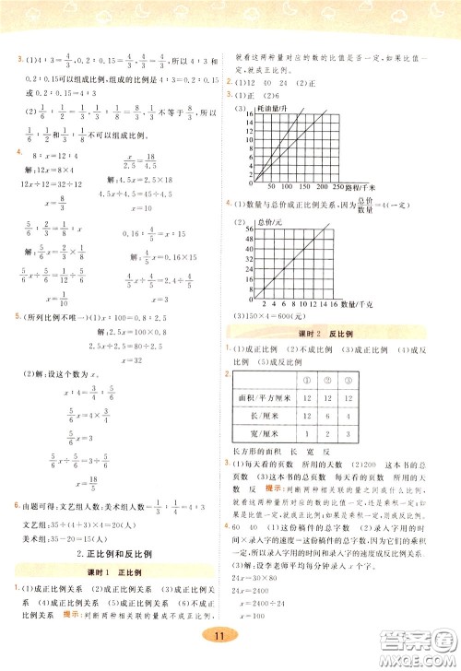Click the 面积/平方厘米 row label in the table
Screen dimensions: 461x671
point(269,396)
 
